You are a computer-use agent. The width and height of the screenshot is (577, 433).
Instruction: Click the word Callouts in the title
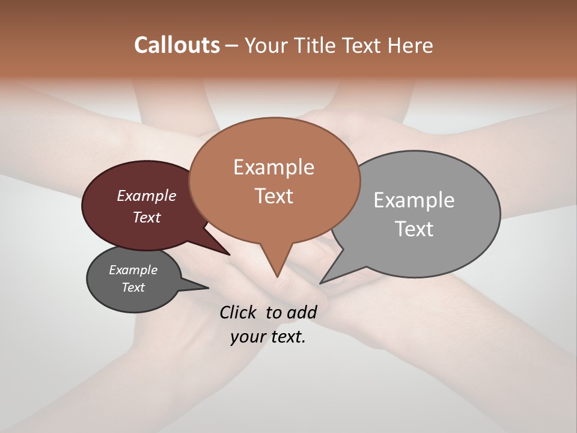coord(177,45)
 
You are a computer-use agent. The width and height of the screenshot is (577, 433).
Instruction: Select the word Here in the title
coord(411,45)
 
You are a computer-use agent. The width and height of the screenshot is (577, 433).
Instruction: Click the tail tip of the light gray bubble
coord(322,282)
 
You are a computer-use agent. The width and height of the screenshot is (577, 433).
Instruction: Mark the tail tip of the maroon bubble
coord(228,254)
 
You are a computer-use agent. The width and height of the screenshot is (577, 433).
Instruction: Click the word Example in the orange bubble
coord(274,167)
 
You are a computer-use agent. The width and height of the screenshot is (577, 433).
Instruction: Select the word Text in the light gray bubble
coord(414,229)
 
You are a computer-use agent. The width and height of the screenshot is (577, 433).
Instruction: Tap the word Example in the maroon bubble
coord(147,195)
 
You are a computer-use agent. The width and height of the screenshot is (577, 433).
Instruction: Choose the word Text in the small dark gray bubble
coord(133,287)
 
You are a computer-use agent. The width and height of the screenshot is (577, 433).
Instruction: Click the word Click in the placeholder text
coord(239,312)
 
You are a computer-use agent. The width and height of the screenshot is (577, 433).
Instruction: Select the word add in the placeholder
coord(301,312)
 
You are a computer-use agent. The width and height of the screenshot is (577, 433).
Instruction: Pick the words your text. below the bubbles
coord(267,337)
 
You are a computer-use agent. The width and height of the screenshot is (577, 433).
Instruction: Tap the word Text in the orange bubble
coord(274,195)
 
